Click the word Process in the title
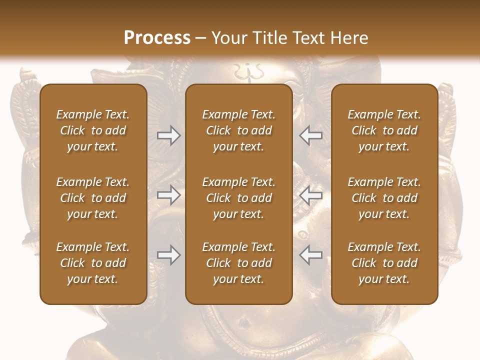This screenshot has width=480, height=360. (x=157, y=37)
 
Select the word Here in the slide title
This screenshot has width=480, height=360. (x=349, y=37)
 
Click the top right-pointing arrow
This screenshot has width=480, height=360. (x=168, y=135)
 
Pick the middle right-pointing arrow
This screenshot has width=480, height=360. (x=168, y=195)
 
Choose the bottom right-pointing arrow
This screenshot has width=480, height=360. (x=168, y=255)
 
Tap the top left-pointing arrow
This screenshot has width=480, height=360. (x=310, y=135)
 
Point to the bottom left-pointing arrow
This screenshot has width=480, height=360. (x=310, y=255)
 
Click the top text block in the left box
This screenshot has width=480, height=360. (x=93, y=130)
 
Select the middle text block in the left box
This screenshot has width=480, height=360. (x=93, y=198)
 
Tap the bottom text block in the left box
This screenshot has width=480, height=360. (x=93, y=263)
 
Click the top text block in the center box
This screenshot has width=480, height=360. (x=238, y=130)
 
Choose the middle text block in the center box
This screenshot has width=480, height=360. (x=238, y=198)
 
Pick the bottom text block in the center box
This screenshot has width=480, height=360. (x=238, y=263)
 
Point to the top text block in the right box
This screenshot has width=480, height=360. (x=384, y=130)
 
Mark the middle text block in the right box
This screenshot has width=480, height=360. (x=384, y=198)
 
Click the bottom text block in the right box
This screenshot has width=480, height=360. (x=384, y=263)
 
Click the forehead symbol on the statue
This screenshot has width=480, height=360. (x=246, y=71)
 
